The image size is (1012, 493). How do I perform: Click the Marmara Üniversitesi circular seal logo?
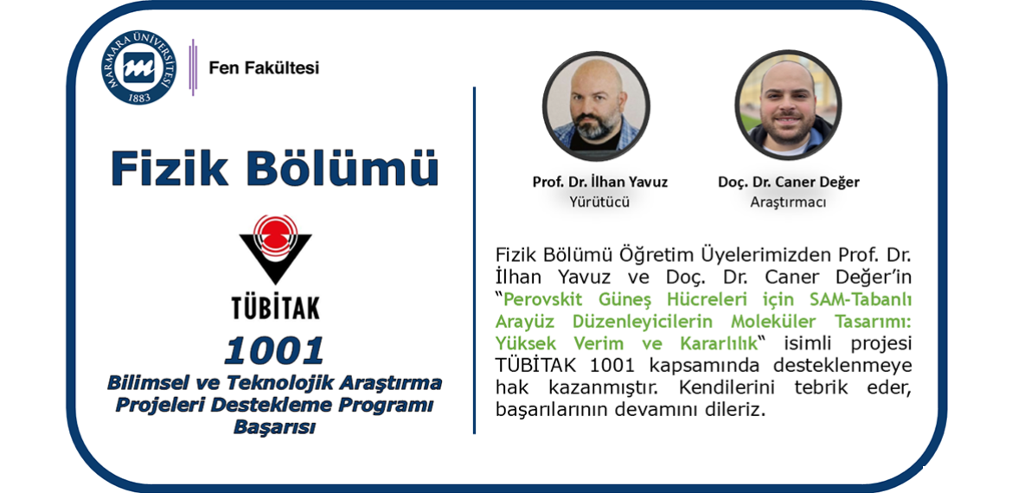(x=138, y=67)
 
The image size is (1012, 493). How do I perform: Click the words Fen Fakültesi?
(x=264, y=67)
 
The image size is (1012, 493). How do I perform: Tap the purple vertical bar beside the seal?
(x=192, y=67)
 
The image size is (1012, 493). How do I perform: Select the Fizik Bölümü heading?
(x=274, y=169)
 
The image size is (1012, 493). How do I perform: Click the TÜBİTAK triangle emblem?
(x=275, y=249)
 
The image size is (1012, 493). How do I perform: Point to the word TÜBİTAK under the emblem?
(x=276, y=307)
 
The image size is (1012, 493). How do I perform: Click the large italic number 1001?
(x=274, y=350)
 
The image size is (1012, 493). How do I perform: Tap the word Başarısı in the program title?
(x=274, y=427)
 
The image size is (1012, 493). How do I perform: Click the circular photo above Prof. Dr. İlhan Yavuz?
(x=596, y=106)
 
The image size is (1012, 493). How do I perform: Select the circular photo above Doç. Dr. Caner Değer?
(x=788, y=105)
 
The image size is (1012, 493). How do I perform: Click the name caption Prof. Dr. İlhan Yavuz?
(x=600, y=182)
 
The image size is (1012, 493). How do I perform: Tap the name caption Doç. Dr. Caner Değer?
(x=788, y=182)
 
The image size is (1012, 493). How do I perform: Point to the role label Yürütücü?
(x=599, y=202)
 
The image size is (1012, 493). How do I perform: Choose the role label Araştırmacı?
(x=788, y=202)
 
